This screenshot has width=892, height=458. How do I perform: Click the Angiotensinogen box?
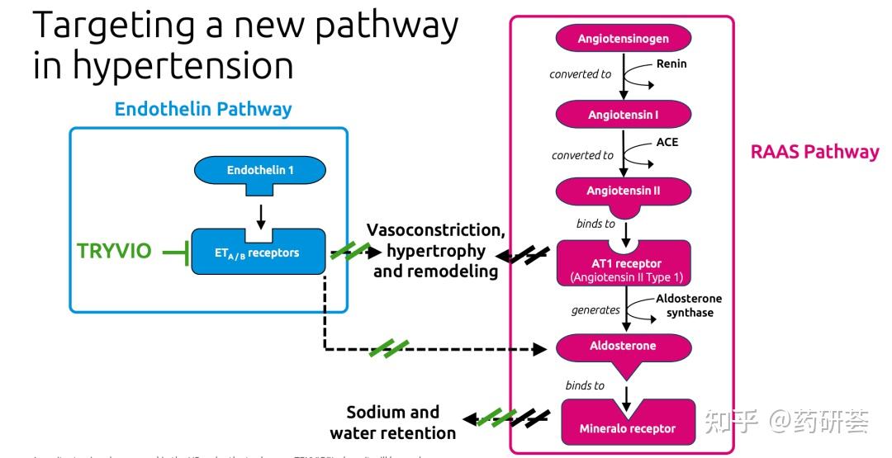point(623,38)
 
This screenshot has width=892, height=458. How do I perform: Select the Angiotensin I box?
point(623,115)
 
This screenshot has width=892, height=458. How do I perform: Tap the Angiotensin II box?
point(623,191)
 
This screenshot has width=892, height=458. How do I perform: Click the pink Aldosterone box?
point(623,347)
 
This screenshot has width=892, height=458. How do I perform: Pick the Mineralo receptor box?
point(627,427)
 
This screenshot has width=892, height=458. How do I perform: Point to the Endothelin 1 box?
point(260,171)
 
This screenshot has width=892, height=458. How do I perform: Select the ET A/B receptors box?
point(258,253)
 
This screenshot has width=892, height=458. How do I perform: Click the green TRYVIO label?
point(114,252)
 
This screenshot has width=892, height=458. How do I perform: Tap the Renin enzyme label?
point(671,64)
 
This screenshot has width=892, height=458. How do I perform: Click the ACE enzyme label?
point(667,142)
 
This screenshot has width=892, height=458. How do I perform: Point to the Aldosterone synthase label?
point(689,305)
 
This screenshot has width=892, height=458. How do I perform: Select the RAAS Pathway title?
point(814,152)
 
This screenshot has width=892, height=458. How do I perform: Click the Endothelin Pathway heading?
point(203,109)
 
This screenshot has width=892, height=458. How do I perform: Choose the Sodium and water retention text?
point(392,423)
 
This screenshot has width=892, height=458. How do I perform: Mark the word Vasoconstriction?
point(435,229)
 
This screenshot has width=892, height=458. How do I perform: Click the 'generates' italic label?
point(595,310)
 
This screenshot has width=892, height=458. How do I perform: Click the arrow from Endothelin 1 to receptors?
point(261,215)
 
